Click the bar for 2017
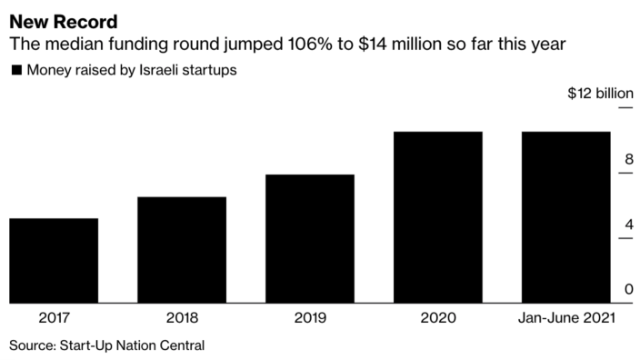click(54, 261)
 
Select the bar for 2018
click(182, 250)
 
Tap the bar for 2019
click(310, 239)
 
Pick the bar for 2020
click(437, 217)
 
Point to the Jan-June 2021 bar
click(565, 217)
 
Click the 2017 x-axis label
click(54, 318)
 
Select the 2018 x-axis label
click(182, 318)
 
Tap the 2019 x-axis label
click(310, 318)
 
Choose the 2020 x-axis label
click(437, 318)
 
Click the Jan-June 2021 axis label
click(565, 318)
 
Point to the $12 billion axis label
click(600, 94)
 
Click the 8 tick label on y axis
click(627, 159)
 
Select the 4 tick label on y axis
click(627, 225)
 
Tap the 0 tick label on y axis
click(627, 290)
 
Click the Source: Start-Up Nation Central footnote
click(107, 345)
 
